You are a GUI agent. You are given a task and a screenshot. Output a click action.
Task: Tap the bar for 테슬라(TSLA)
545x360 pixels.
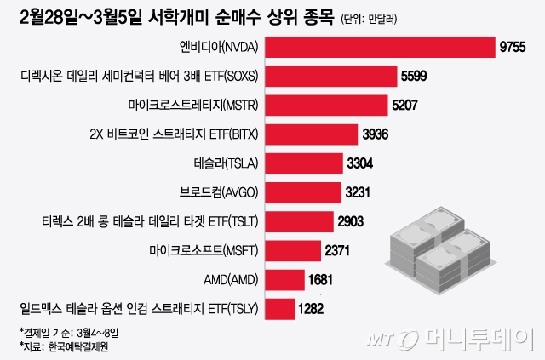pos(307,163)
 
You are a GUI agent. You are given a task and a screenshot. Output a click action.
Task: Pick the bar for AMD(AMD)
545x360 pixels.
pos(285,279)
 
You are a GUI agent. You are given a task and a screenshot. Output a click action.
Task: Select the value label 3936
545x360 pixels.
pos(378,135)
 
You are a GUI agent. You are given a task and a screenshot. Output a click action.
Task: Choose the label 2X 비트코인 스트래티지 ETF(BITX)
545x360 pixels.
pos(174,134)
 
